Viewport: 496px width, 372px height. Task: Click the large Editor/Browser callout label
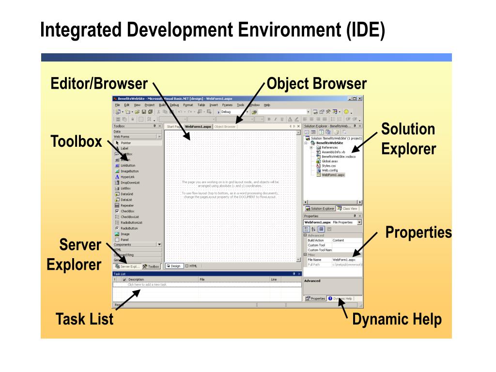point(99,84)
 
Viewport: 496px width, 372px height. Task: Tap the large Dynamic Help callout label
point(397,320)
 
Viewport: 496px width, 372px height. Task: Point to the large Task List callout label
point(85,320)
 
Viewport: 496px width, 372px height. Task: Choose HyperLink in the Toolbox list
point(127,177)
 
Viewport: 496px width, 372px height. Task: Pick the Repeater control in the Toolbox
point(127,205)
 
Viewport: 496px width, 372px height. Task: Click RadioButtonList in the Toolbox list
point(132,222)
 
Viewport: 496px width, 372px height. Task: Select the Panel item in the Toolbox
point(124,239)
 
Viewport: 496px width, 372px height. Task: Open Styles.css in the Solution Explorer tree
point(328,166)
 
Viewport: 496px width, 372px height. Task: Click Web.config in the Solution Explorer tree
point(329,170)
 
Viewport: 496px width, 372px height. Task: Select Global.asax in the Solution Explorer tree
point(330,161)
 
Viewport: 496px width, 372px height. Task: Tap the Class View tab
point(350,208)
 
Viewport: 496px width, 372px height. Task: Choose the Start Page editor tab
point(173,126)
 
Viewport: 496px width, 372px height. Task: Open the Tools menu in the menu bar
point(240,105)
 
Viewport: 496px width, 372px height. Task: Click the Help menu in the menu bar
point(267,105)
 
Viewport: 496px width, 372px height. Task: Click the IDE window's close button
point(360,98)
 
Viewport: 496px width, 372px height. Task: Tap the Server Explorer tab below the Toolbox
point(127,266)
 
